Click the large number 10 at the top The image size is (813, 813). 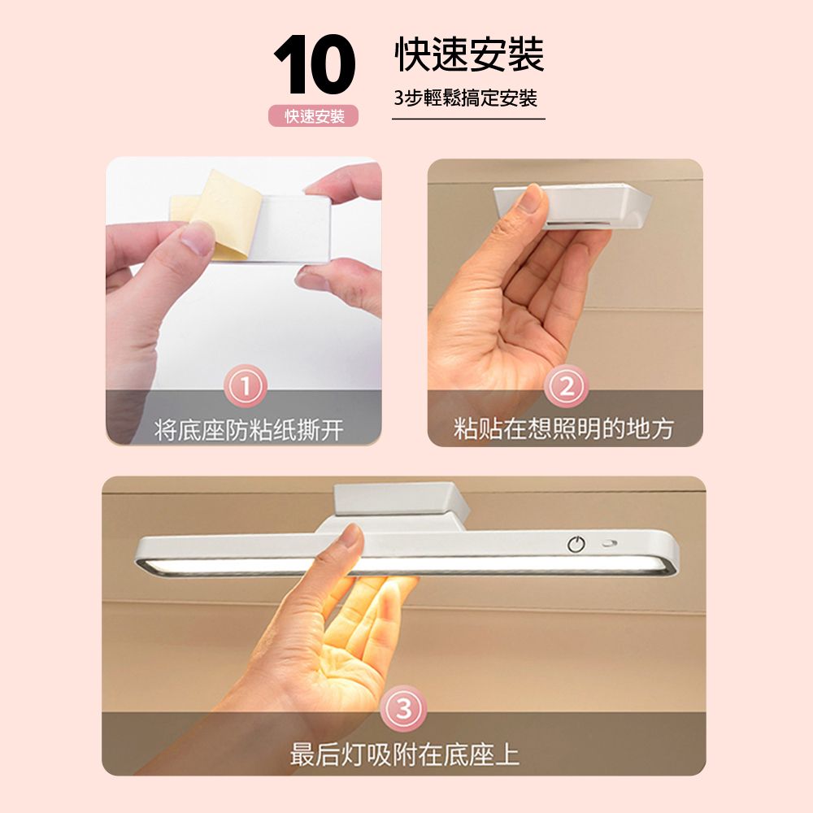pos(315,65)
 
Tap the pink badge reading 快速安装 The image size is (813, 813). pos(314,116)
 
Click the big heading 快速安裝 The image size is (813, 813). pos(469,54)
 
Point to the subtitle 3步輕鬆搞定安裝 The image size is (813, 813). pos(465,98)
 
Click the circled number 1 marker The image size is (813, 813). pos(246,386)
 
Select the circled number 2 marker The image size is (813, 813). pos(567,386)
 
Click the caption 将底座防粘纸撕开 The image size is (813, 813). pos(249,430)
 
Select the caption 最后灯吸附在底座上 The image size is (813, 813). pos(404,754)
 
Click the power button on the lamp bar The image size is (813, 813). pos(576,544)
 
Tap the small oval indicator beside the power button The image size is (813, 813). pos(609,544)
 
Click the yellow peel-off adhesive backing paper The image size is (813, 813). pos(218,212)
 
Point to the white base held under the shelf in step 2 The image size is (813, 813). pos(573,206)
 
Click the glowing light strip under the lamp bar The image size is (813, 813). pos(404,565)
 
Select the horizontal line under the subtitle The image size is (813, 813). pos(469,119)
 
